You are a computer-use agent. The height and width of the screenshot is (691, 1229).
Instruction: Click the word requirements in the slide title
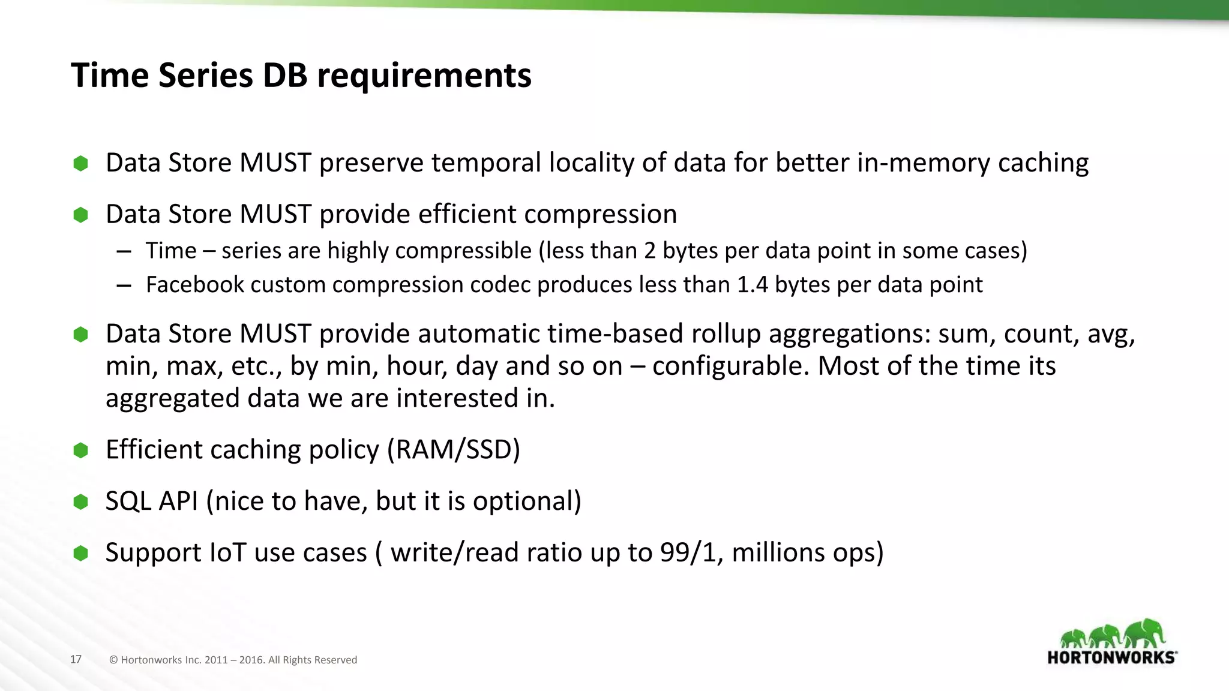click(424, 77)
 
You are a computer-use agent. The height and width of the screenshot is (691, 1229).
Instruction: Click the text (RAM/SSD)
click(453, 450)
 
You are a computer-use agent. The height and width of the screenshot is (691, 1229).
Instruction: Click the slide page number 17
click(76, 660)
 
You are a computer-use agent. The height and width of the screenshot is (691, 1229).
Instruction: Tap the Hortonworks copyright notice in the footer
click(233, 660)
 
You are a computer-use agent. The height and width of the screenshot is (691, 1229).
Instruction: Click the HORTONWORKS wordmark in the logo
click(1111, 657)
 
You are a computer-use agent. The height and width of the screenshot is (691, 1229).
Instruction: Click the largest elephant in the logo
click(1145, 633)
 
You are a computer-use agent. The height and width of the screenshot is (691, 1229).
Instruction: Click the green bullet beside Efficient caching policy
click(80, 450)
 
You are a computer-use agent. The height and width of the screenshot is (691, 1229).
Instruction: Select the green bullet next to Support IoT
click(80, 553)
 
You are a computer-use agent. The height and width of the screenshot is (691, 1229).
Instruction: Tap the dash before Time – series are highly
click(124, 251)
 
